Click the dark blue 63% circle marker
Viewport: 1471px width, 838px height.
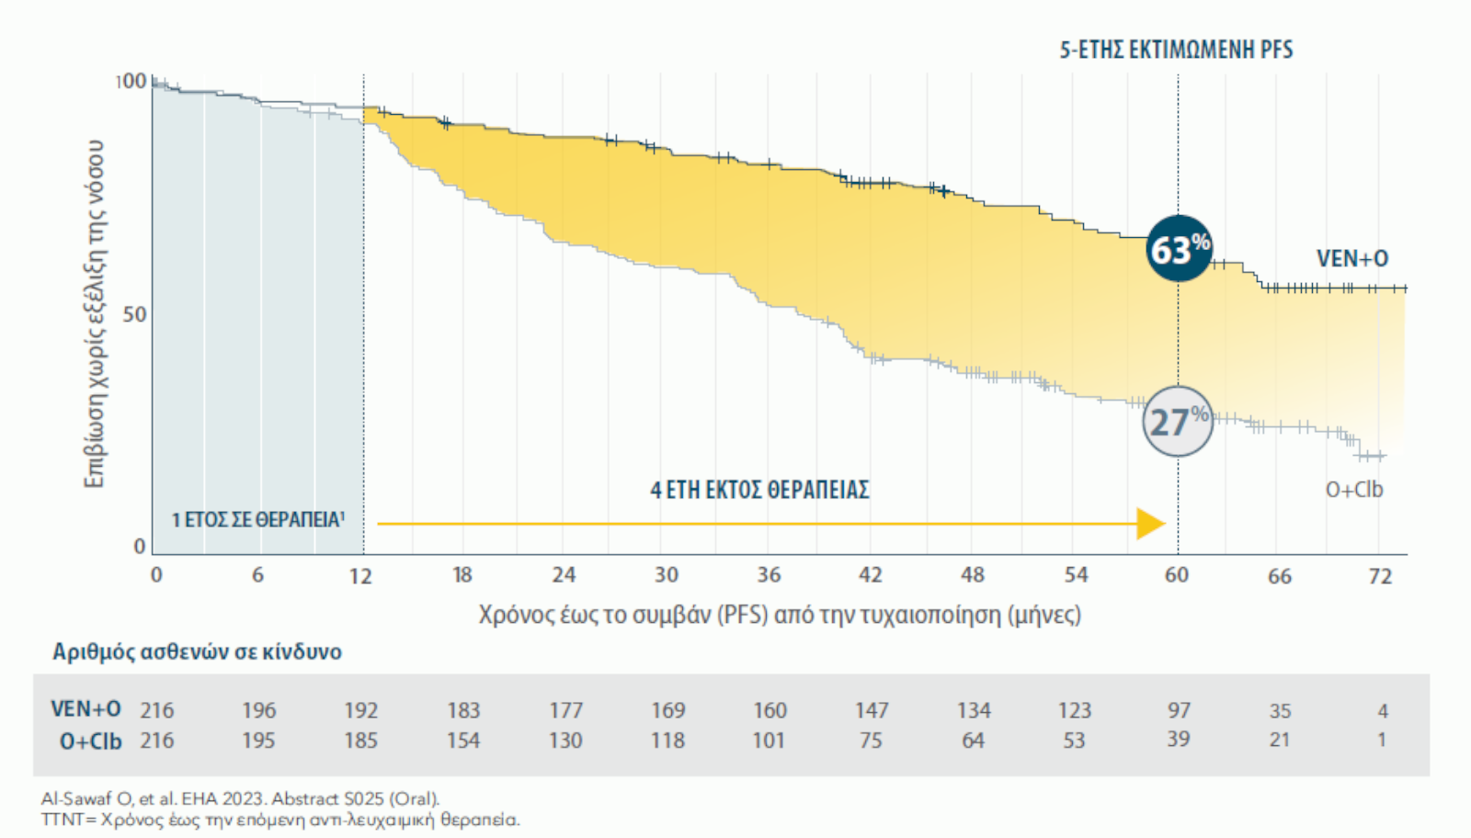click(x=1179, y=248)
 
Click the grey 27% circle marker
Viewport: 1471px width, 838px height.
click(x=1178, y=422)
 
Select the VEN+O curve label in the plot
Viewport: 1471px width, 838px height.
click(x=1351, y=259)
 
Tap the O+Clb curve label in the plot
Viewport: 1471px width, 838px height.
click(x=1353, y=490)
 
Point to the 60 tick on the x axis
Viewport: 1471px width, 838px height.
click(x=1177, y=575)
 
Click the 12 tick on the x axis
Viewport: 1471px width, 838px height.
click(x=360, y=576)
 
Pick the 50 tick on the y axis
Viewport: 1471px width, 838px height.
click(x=134, y=314)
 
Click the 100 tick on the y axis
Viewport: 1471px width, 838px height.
click(x=131, y=81)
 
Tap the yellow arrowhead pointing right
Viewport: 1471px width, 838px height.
click(x=1150, y=524)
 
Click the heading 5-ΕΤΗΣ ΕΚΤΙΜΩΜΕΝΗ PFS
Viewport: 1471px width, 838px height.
click(x=1176, y=50)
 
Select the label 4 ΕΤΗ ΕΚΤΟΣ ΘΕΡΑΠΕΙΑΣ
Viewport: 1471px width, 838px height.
click(x=759, y=490)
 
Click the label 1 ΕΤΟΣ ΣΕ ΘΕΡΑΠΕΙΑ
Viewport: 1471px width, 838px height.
click(x=257, y=520)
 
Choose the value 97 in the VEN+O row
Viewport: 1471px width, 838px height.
click(x=1179, y=710)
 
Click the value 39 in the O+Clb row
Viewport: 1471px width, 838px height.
click(x=1179, y=740)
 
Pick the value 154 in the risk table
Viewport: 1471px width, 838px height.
click(x=463, y=741)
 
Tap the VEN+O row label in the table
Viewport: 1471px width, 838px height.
click(x=86, y=709)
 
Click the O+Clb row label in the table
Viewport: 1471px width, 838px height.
click(x=90, y=741)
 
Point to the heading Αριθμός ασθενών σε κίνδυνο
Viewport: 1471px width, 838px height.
click(x=197, y=651)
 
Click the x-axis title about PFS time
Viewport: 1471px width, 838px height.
click(x=780, y=615)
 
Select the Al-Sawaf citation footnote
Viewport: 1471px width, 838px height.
click(x=240, y=798)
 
